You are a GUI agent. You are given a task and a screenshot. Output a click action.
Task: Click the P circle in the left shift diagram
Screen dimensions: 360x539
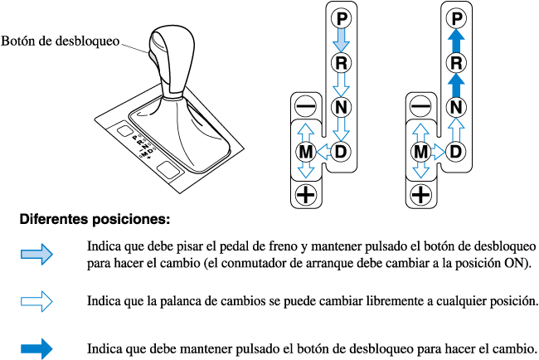click(342, 17)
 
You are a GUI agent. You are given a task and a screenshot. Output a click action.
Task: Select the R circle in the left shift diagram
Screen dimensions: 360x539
click(342, 61)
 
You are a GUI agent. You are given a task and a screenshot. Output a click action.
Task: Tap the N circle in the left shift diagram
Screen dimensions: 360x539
click(342, 106)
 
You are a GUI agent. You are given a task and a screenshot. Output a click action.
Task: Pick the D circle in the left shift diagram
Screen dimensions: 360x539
click(342, 151)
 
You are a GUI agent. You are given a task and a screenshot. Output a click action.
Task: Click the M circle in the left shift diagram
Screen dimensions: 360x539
click(305, 151)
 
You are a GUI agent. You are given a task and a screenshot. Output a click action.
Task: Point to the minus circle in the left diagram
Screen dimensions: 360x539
click(305, 106)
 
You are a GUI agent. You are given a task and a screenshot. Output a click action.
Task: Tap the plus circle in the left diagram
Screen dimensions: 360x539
click(305, 195)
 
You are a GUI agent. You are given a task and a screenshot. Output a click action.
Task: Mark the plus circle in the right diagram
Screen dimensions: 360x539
click(421, 195)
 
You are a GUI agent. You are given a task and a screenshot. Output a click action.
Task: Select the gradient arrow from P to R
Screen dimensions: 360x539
click(342, 39)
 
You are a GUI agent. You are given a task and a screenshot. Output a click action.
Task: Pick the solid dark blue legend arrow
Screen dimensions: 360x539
click(36, 349)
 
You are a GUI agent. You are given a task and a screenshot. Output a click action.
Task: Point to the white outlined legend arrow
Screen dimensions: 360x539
click(36, 299)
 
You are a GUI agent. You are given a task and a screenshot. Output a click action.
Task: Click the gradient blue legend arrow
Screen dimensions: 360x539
click(36, 255)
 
